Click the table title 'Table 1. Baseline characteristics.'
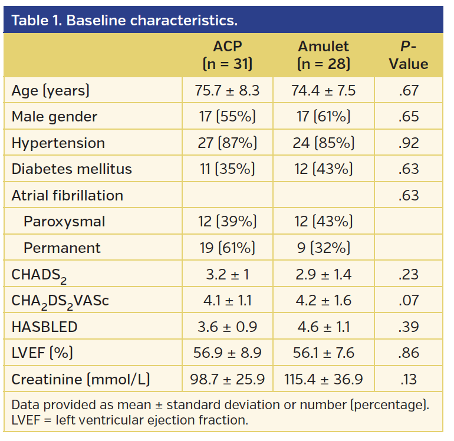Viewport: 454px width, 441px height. [124, 21]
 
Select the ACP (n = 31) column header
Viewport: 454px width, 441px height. [227, 55]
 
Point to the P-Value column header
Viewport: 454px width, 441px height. [408, 55]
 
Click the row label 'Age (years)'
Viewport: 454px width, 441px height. [51, 91]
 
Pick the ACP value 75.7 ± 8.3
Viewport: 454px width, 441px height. [227, 91]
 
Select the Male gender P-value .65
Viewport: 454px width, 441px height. [408, 117]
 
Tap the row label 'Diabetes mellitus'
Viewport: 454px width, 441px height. [71, 169]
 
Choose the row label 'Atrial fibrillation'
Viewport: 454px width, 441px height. [67, 196]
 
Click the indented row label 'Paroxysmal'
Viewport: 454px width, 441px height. [64, 222]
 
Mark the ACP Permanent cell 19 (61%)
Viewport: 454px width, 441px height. [227, 248]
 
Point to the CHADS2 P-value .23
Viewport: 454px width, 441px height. [408, 274]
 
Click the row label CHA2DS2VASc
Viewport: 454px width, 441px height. [60, 301]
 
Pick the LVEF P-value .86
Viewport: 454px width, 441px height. [408, 353]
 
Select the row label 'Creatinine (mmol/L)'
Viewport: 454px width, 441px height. [81, 379]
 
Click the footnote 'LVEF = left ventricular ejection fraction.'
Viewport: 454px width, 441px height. [130, 420]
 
